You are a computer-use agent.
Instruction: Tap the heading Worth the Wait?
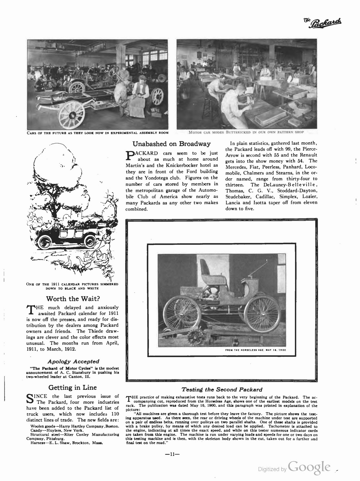coord(73,299)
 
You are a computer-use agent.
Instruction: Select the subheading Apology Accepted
coord(73,361)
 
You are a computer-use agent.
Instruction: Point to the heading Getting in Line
coord(73,387)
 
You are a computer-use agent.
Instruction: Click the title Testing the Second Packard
coord(222,390)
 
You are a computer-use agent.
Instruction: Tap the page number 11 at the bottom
coord(172,455)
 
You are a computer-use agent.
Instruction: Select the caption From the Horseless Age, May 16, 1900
coord(255,350)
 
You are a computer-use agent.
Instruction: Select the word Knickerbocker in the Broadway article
coord(179,165)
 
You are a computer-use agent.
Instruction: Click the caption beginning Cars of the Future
coord(97,133)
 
